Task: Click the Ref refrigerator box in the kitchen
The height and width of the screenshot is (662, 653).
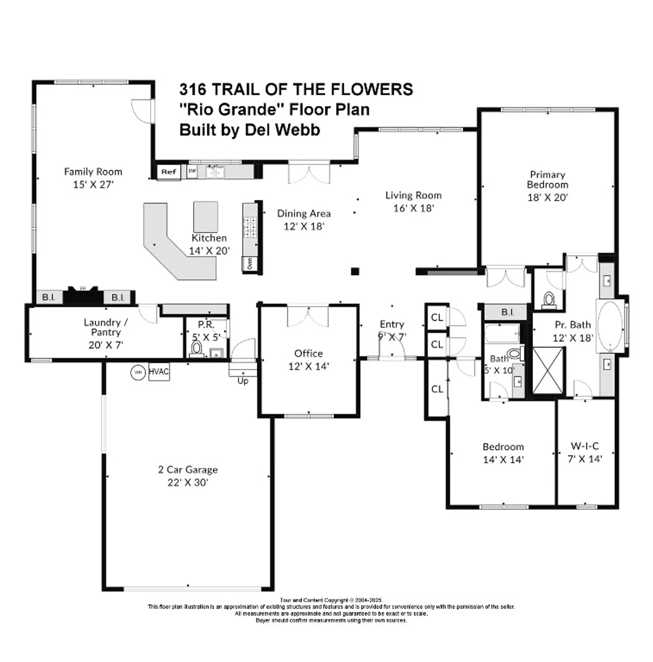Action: click(169, 172)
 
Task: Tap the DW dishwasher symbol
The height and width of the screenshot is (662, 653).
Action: click(192, 171)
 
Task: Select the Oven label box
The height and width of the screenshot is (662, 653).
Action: click(250, 263)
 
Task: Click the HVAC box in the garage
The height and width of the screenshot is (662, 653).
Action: click(158, 372)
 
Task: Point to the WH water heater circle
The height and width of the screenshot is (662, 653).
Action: click(138, 372)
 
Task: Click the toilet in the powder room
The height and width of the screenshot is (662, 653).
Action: click(196, 349)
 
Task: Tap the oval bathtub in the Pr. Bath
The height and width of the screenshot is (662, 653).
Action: click(610, 326)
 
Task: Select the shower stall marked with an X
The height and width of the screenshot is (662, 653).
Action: click(548, 370)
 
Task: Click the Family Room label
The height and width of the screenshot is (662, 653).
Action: click(93, 172)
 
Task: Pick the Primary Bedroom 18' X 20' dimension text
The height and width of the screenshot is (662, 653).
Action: click(547, 197)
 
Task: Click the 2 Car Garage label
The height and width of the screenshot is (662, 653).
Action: click(188, 470)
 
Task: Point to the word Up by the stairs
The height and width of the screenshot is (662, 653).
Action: click(243, 381)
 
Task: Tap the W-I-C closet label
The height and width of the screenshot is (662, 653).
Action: click(585, 446)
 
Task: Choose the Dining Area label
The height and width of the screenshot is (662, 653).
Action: click(304, 214)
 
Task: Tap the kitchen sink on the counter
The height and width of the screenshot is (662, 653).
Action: click(215, 172)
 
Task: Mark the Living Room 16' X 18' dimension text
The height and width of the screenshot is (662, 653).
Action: click(413, 208)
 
